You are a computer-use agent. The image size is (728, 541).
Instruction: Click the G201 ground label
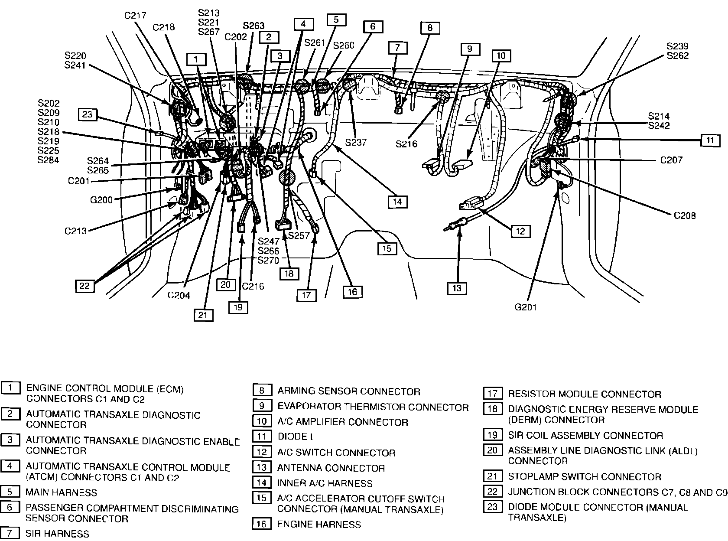[x=526, y=307]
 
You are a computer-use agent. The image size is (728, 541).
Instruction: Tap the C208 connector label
[x=685, y=215]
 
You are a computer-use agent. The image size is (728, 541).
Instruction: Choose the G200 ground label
[x=101, y=200]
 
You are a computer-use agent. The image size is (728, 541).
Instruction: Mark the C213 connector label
[x=76, y=231]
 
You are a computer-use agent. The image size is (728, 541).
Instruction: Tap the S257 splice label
[x=299, y=235]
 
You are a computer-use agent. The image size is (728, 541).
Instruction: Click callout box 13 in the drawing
[x=458, y=288]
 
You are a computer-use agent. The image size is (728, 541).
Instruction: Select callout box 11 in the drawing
[x=710, y=140]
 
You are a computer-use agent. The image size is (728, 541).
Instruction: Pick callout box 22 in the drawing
[x=84, y=286]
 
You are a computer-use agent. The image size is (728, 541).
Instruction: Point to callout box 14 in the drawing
[x=397, y=201]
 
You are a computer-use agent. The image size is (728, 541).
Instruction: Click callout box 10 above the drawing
[x=501, y=55]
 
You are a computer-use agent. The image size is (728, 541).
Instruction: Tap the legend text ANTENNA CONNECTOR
[x=331, y=468]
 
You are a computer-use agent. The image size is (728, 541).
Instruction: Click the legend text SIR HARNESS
[x=57, y=534]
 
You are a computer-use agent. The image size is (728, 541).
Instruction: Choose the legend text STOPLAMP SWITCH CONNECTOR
[x=584, y=477]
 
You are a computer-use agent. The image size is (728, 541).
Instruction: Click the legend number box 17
[x=492, y=394]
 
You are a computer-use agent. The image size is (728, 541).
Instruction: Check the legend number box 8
[x=262, y=391]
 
